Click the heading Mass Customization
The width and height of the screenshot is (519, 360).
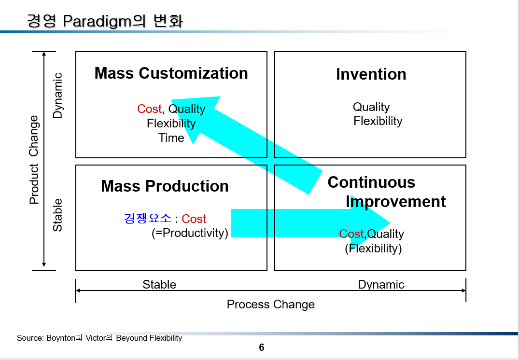(x=171, y=73)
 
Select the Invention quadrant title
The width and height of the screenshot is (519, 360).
(x=371, y=74)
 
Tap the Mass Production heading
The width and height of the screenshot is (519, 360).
(x=165, y=186)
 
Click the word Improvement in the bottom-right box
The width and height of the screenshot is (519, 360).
(x=396, y=201)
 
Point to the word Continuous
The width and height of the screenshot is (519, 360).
(x=371, y=182)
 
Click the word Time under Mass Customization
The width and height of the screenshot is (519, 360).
(x=171, y=138)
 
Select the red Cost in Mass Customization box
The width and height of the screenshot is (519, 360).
(x=149, y=109)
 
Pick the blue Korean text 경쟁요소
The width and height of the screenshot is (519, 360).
(x=148, y=219)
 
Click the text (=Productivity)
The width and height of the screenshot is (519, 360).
(x=190, y=233)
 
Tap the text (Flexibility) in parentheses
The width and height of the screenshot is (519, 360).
(x=373, y=249)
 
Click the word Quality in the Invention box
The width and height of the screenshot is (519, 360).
(x=371, y=107)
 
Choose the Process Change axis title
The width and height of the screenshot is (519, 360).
(x=270, y=305)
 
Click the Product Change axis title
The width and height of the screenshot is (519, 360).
(x=34, y=159)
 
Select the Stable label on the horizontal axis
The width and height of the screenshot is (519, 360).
(x=159, y=285)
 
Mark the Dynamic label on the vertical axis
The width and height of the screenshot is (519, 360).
(x=58, y=96)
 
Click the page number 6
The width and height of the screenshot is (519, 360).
(x=262, y=347)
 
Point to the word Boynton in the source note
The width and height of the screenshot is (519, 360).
(x=60, y=338)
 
